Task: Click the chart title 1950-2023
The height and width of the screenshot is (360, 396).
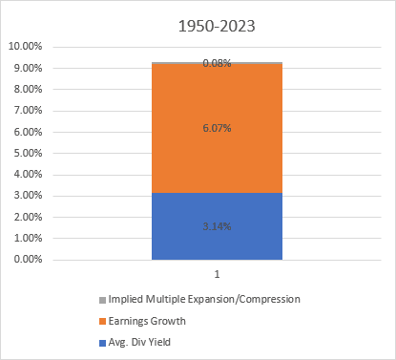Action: pyautogui.click(x=217, y=26)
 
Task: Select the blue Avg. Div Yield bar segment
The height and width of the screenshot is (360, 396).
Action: pyautogui.click(x=217, y=226)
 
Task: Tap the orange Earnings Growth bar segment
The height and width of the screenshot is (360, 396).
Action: pyautogui.click(x=217, y=128)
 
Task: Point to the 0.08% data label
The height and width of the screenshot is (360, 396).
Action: pyautogui.click(x=217, y=63)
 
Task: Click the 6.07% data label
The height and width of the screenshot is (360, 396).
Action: pyautogui.click(x=217, y=128)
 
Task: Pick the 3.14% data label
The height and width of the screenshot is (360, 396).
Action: pyautogui.click(x=217, y=226)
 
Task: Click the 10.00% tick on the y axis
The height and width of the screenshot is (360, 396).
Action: pyautogui.click(x=25, y=46)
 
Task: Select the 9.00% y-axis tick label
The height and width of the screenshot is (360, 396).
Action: pyautogui.click(x=28, y=68)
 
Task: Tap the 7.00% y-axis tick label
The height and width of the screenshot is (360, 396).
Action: pyautogui.click(x=28, y=110)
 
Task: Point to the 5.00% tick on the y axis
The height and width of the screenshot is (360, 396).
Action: pyautogui.click(x=28, y=153)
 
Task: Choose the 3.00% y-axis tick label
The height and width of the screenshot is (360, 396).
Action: pyautogui.click(x=28, y=195)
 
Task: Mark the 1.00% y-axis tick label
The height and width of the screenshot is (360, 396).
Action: pyautogui.click(x=28, y=238)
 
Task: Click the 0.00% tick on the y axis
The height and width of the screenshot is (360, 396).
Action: pyautogui.click(x=28, y=259)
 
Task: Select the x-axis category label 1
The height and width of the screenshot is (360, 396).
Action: pyautogui.click(x=217, y=274)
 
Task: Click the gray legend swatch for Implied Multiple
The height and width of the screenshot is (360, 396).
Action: pyautogui.click(x=102, y=300)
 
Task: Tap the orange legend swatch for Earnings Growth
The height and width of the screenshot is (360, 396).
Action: pyautogui.click(x=102, y=322)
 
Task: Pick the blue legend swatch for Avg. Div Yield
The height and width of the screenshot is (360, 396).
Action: pyautogui.click(x=102, y=343)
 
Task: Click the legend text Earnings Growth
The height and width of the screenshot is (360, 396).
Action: pyautogui.click(x=147, y=321)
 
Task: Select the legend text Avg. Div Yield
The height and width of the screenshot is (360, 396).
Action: pyautogui.click(x=139, y=342)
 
